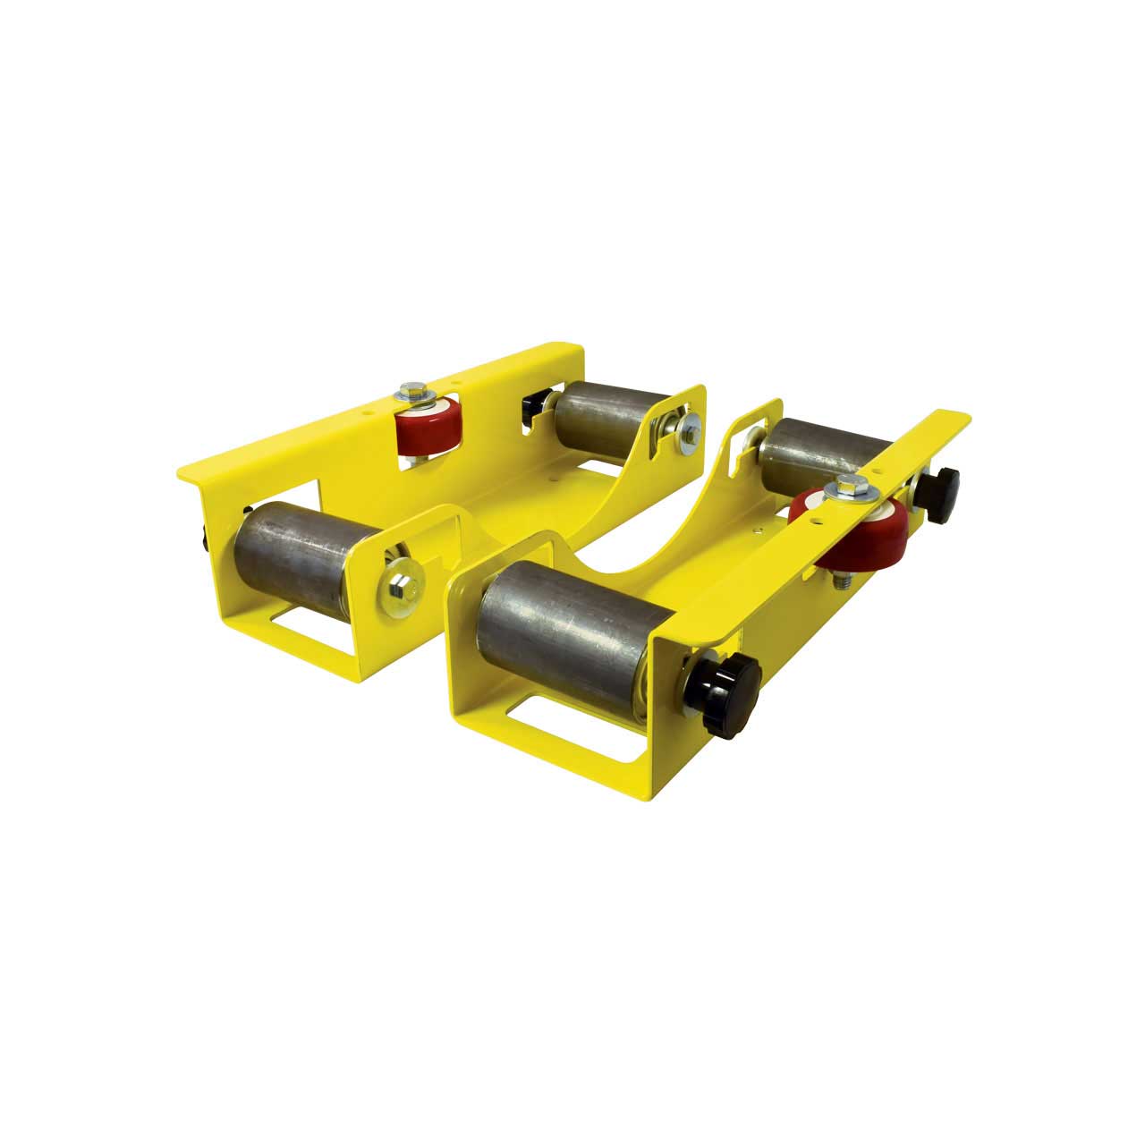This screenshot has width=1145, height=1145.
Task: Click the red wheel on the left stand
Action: pyautogui.click(x=430, y=432)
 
